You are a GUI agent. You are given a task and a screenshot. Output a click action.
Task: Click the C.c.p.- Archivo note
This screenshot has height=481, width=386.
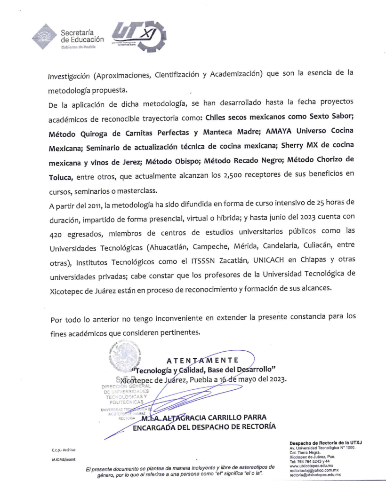[64, 450]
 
